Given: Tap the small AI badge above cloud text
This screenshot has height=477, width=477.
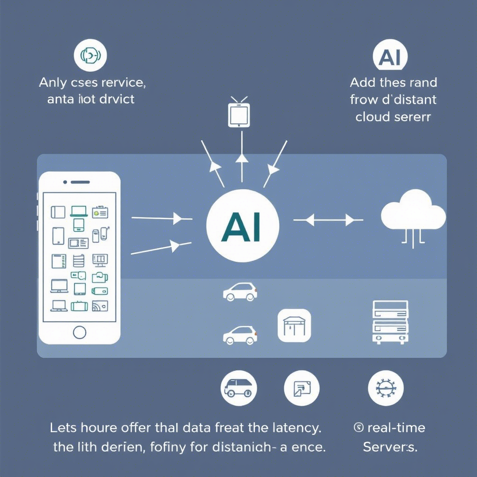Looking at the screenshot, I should pos(390,57).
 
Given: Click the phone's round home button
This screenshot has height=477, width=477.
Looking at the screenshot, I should pos(80,332).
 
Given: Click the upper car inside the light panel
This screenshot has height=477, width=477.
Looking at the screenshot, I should pos(240,291).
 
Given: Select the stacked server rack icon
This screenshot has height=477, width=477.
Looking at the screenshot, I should pos(390,322).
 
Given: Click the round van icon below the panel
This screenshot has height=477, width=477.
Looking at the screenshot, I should pos(238,388).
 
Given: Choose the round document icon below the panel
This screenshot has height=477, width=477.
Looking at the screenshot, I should pos(301,388).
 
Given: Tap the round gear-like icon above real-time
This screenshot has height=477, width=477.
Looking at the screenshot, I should pos(385,388).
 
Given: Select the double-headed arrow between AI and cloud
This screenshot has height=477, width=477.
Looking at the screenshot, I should pos(328,219).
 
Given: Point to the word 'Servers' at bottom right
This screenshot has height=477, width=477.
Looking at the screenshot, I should pos(389,447).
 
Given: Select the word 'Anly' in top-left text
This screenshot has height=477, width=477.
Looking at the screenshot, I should pos(53,83).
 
